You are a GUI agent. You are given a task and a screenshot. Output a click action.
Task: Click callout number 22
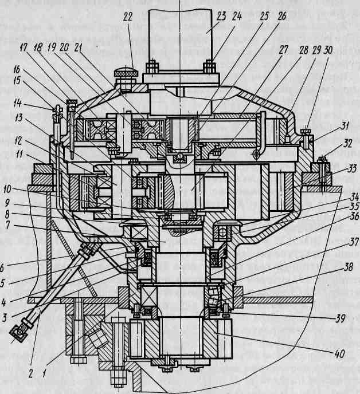coord(127,18)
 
